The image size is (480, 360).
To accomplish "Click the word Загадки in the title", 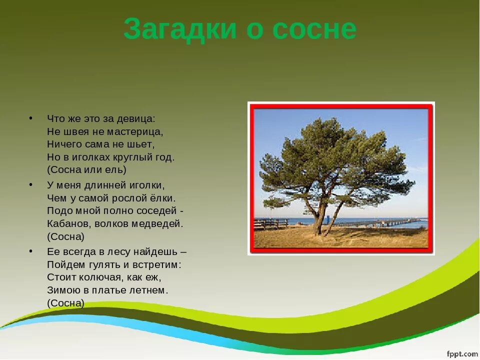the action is tap(180, 29).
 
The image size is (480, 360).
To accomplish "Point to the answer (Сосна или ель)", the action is tap(86, 170).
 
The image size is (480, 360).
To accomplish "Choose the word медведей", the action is tap(157, 224).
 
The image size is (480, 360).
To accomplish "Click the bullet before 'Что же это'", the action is tap(30, 118).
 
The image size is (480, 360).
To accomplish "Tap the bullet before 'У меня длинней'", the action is tap(30, 184).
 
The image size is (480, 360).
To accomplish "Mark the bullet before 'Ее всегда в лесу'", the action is tap(30, 251).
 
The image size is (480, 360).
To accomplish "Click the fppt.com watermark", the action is tap(462, 354).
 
